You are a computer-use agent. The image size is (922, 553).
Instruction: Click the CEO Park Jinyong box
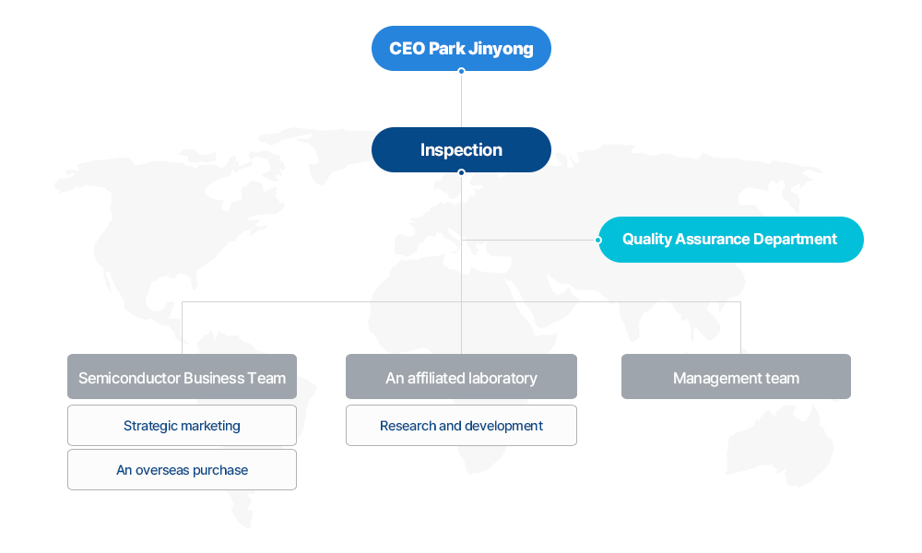pos(461,48)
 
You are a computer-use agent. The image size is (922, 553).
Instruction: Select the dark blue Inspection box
pos(461,150)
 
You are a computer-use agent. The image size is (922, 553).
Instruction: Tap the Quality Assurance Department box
pos(731,240)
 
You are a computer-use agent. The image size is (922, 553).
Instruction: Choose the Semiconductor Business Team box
pos(182,377)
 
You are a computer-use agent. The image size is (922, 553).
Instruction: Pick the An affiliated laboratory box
pos(461,377)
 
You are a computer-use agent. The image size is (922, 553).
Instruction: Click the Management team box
pos(736,377)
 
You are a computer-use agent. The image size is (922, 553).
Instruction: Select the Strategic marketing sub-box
pos(182,426)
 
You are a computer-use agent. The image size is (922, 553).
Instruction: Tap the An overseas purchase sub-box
pos(182,469)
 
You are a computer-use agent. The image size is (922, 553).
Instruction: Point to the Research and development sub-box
pos(461,426)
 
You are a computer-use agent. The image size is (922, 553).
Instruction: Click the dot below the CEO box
pos(461,71)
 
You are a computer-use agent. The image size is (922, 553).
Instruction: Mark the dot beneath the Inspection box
pos(461,172)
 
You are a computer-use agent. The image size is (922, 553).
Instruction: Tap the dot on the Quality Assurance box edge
pos(598,240)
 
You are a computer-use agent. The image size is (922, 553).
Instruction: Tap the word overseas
pos(161,470)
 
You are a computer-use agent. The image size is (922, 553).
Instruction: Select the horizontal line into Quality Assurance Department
pos(528,240)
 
